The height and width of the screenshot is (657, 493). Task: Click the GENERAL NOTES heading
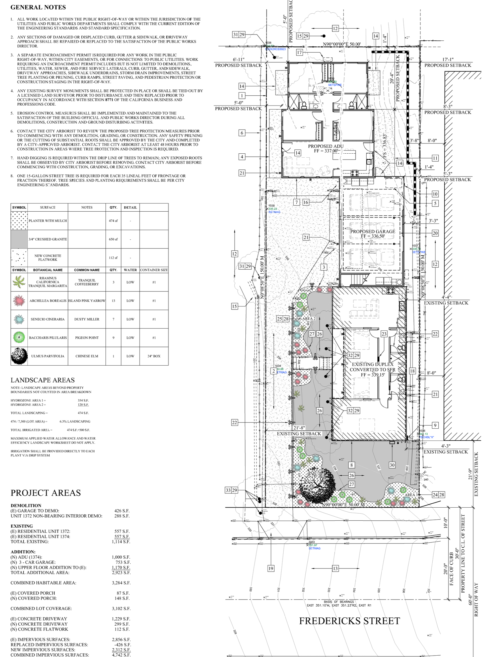[x=38, y=7]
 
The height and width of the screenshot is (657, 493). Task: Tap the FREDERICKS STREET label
[x=349, y=621]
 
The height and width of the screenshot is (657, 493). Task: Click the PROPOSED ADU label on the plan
[x=325, y=146]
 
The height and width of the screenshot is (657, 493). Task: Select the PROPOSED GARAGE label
[x=372, y=231]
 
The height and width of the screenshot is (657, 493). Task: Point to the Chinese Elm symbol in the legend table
[x=19, y=356]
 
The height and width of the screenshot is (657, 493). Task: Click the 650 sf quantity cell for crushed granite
[x=113, y=239]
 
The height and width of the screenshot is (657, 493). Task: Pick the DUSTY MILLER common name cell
[x=86, y=319]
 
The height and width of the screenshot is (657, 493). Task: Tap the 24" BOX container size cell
[x=154, y=356]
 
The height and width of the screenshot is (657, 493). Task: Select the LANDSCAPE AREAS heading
[x=42, y=380]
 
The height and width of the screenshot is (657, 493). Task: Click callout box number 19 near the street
[x=271, y=568]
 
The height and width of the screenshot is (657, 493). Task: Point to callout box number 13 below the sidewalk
[x=335, y=568]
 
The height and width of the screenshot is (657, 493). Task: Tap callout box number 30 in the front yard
[x=392, y=465]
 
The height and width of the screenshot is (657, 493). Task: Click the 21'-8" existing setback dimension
[x=299, y=428]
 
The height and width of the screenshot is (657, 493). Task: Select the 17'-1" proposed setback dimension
[x=447, y=60]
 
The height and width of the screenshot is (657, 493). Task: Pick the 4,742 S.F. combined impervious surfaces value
[x=121, y=655]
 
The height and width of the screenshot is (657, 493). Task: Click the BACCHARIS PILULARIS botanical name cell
[x=48, y=337]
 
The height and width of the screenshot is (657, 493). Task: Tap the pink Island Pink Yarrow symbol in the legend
[x=19, y=300]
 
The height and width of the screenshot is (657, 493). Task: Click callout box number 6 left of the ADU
[x=242, y=133]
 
